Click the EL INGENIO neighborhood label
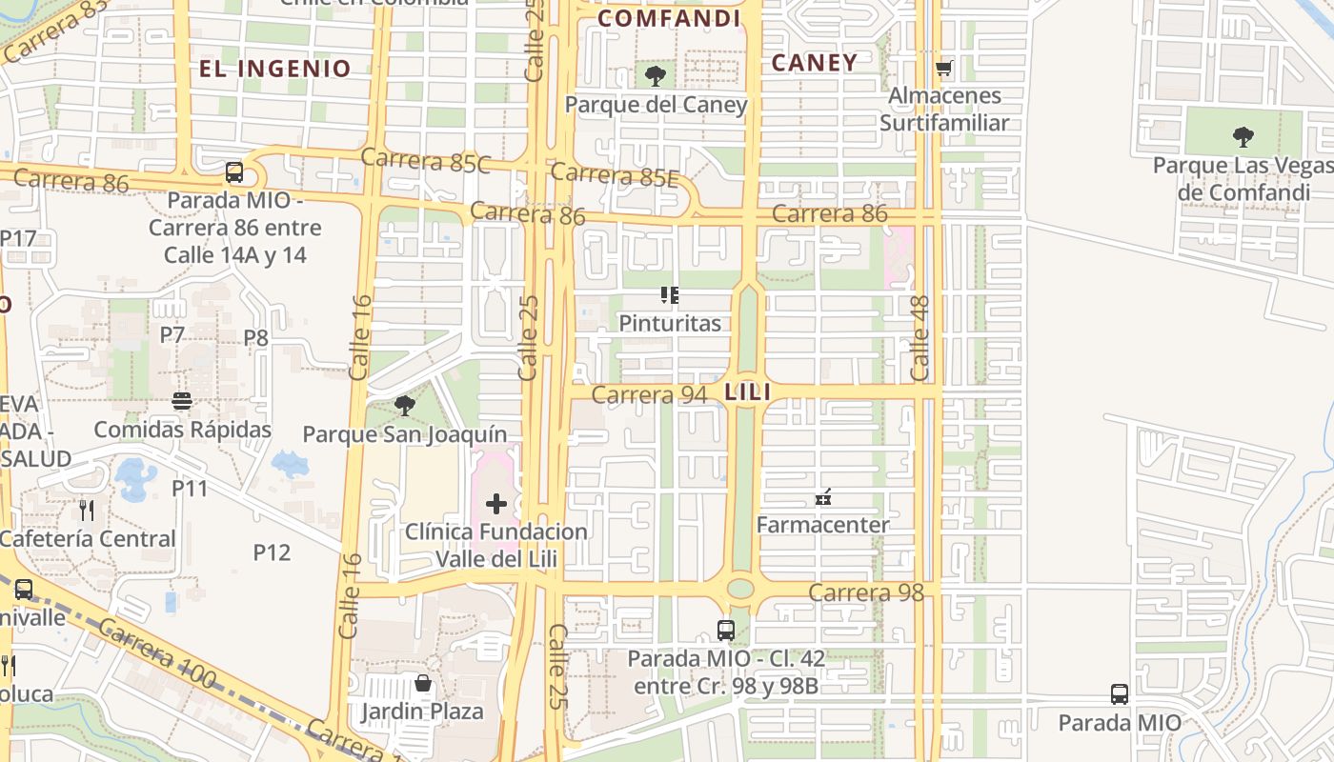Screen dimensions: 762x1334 click(274, 69)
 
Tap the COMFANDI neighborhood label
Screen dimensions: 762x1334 click(669, 19)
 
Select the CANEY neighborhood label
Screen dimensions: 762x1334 click(814, 63)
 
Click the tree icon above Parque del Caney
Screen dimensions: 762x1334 click(655, 76)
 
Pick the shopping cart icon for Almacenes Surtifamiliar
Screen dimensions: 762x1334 click(943, 68)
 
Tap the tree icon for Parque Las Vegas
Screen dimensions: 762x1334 click(1243, 137)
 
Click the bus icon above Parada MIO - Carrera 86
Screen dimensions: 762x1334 click(234, 172)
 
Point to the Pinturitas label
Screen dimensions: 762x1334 click(670, 323)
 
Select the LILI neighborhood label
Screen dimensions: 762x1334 click(747, 391)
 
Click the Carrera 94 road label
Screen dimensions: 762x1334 click(649, 394)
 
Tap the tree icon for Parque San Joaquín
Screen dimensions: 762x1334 click(404, 406)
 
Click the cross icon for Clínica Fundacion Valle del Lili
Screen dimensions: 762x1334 click(495, 503)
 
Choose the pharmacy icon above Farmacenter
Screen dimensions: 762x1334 click(823, 496)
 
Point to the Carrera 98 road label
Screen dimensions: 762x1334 click(865, 592)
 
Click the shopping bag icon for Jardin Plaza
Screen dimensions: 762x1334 click(422, 683)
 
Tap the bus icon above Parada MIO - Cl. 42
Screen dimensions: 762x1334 click(726, 630)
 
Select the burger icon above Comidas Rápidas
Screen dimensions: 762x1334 click(182, 401)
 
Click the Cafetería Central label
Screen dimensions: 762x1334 click(88, 538)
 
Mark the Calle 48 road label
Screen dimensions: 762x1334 click(920, 350)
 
